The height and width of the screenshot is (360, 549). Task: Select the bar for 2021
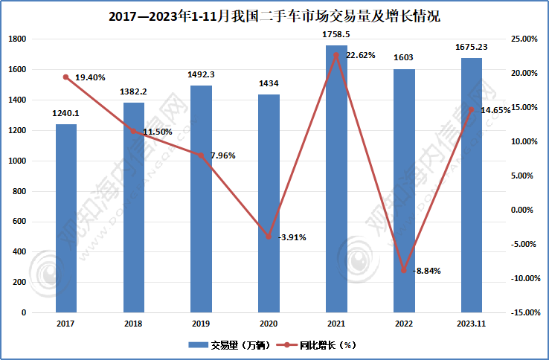pos(336,179)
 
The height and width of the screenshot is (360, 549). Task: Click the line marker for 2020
pos(269,237)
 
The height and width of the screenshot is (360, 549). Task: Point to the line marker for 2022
pos(404,270)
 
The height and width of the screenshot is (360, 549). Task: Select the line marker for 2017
pos(66,77)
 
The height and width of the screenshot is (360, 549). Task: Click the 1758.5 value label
pos(336,35)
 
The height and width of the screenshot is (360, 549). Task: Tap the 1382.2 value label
pos(134,92)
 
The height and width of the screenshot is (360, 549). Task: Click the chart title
pos(274,15)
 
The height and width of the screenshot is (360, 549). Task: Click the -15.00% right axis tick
pos(523,312)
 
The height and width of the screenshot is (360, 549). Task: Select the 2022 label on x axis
pos(404,324)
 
